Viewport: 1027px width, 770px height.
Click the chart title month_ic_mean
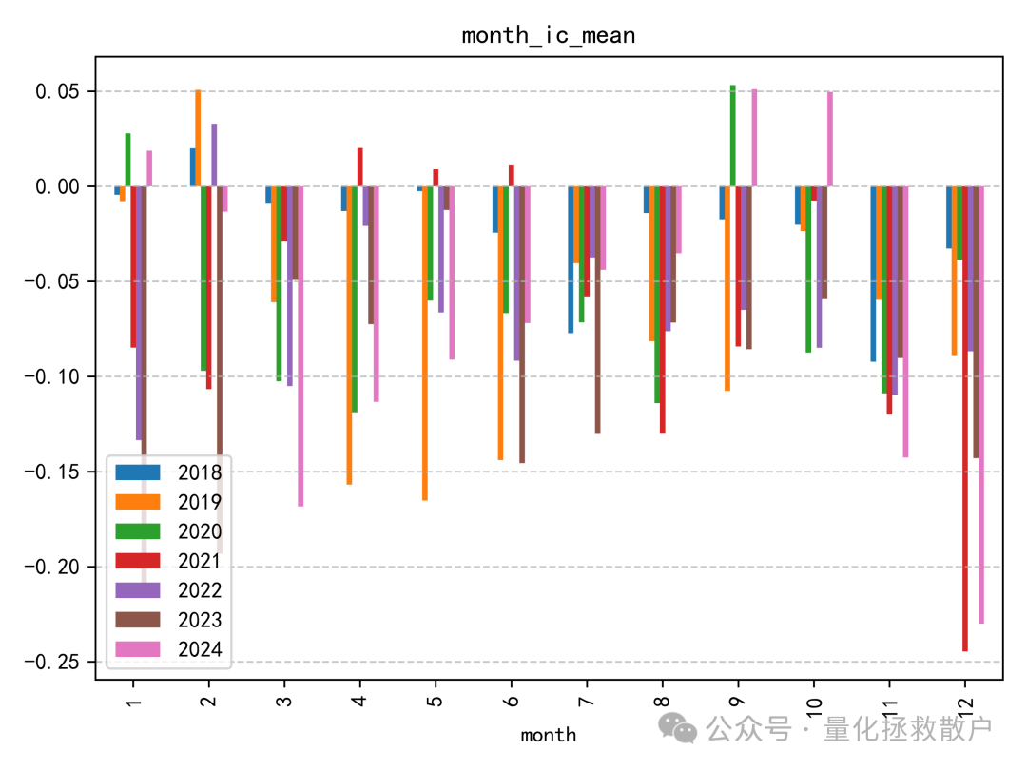[x=548, y=36]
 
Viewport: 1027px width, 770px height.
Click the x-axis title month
[x=548, y=735]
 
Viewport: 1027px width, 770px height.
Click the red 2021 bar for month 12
[x=965, y=418]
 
